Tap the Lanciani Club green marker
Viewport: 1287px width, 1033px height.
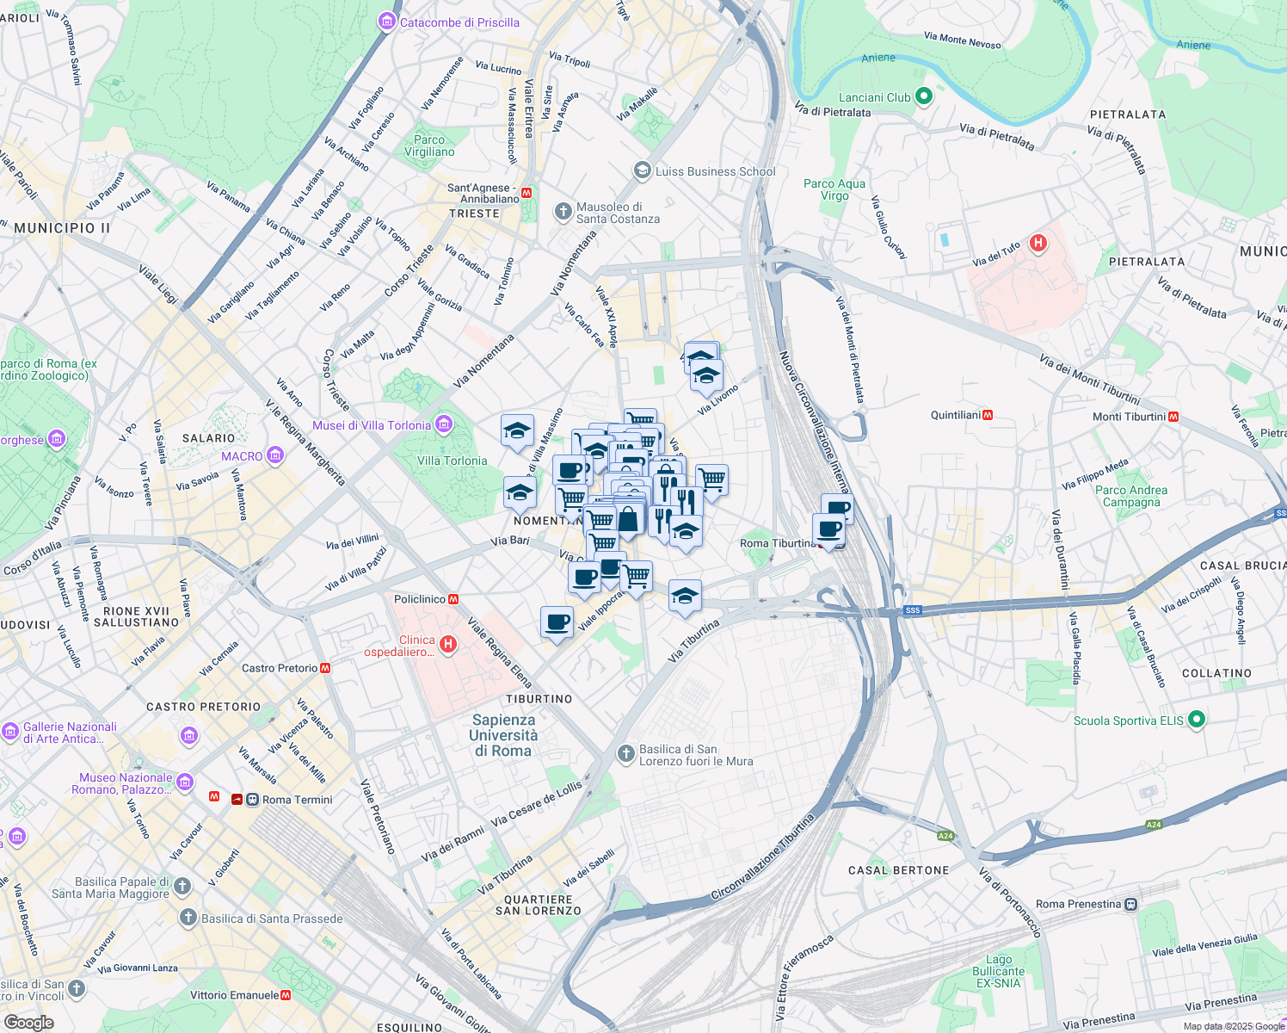pyautogui.click(x=924, y=96)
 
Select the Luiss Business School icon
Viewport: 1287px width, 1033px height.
pyautogui.click(x=642, y=170)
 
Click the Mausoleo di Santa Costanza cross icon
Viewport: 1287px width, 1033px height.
pyautogui.click(x=563, y=211)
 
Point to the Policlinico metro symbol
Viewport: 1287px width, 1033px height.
pyautogui.click(x=453, y=599)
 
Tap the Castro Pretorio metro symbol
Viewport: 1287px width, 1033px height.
pyautogui.click(x=325, y=667)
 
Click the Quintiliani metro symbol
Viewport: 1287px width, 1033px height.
pyautogui.click(x=988, y=415)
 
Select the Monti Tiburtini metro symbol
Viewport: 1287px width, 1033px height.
pyautogui.click(x=1173, y=417)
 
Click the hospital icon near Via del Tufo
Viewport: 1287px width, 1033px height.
pyautogui.click(x=1038, y=243)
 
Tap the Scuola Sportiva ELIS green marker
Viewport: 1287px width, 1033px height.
pyautogui.click(x=1196, y=720)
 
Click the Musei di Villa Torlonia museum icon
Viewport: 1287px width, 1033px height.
pyautogui.click(x=444, y=424)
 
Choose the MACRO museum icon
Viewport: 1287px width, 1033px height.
pyautogui.click(x=275, y=455)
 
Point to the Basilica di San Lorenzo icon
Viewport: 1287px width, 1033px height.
pyautogui.click(x=626, y=754)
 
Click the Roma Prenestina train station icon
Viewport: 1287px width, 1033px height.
pyautogui.click(x=1131, y=904)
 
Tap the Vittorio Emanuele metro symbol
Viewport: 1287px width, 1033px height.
pyautogui.click(x=286, y=995)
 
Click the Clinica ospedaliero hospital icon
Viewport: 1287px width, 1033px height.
pyautogui.click(x=447, y=643)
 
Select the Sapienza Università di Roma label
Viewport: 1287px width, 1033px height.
pyautogui.click(x=503, y=735)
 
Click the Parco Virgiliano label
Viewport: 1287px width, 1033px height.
pyautogui.click(x=429, y=145)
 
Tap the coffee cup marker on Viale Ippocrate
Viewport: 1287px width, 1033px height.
pyautogui.click(x=557, y=621)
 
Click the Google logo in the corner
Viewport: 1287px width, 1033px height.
pyautogui.click(x=28, y=1022)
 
